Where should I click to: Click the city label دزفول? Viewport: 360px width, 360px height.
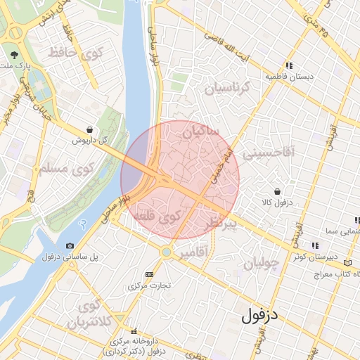(x=259, y=316)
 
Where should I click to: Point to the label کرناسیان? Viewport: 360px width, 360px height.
(x=227, y=88)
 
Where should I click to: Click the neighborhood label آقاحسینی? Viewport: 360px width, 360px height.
(x=268, y=150)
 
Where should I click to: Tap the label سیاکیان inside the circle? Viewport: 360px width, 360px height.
(x=200, y=131)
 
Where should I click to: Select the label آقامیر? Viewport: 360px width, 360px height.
(x=190, y=251)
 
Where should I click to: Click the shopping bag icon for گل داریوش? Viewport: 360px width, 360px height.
(x=89, y=129)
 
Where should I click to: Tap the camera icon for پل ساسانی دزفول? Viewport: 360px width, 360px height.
(x=69, y=245)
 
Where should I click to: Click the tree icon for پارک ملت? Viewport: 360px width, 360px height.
(x=14, y=54)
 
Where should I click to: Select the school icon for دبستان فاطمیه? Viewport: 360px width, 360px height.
(x=288, y=65)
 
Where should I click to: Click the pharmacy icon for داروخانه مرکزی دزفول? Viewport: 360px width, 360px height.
(x=134, y=330)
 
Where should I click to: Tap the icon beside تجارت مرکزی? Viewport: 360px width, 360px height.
(x=148, y=274)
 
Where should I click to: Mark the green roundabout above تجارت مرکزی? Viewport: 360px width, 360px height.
(x=167, y=251)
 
